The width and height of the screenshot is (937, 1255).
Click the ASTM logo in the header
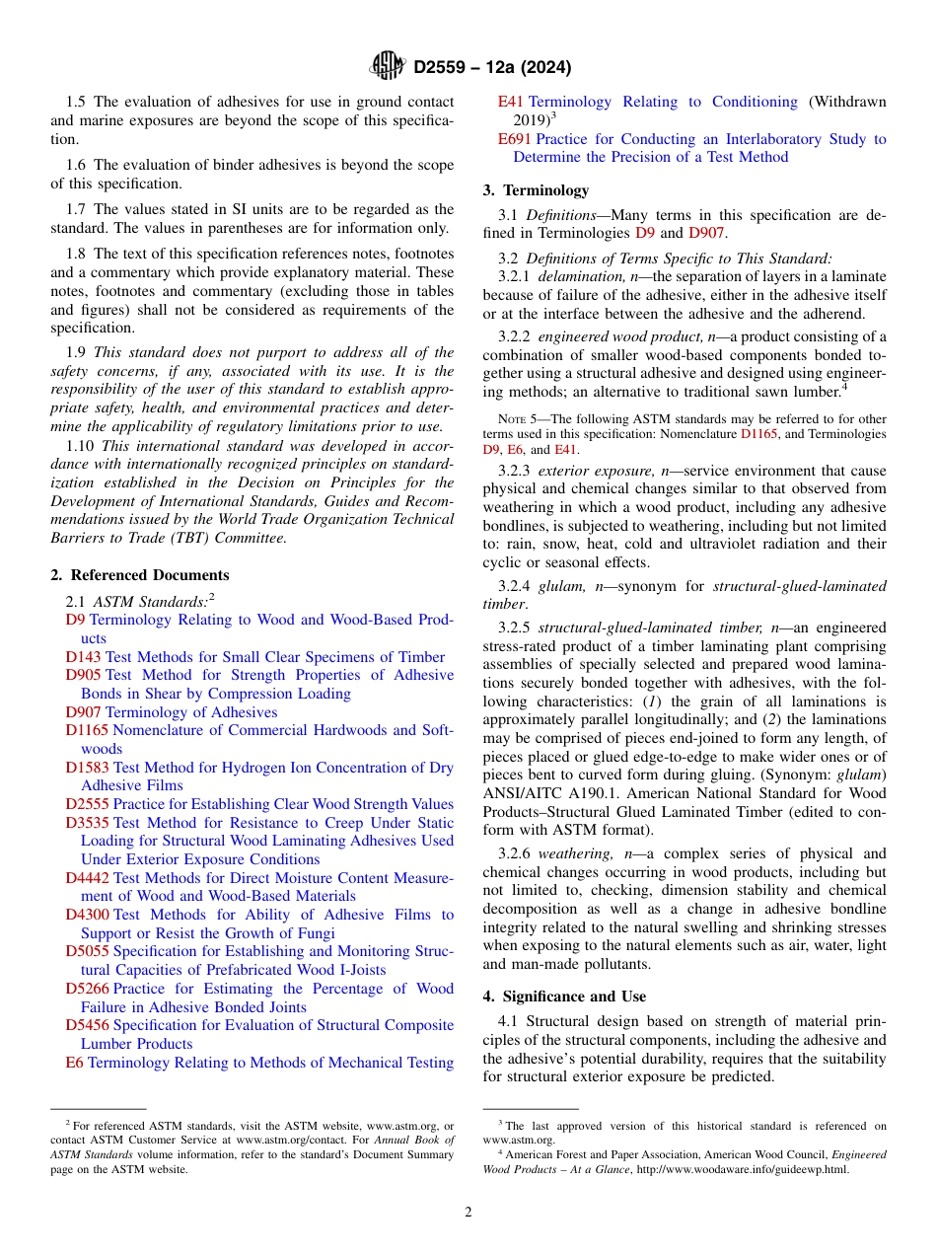pos(387,67)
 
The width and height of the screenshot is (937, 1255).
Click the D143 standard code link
pos(83,657)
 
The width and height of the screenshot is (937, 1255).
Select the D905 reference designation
pos(83,675)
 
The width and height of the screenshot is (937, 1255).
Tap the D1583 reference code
pos(87,768)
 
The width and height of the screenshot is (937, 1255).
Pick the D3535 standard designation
pos(87,823)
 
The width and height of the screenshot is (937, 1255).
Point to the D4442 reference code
pos(87,878)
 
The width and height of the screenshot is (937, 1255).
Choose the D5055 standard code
pos(87,951)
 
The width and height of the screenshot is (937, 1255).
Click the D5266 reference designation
pos(87,989)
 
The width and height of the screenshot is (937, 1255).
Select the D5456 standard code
pos(87,1025)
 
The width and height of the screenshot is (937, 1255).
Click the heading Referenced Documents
pos(139,575)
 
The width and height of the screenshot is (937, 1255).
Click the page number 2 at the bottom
pos(468,1213)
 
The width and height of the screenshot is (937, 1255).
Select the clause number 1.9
pos(77,352)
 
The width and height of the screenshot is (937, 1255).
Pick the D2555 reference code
pos(87,804)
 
